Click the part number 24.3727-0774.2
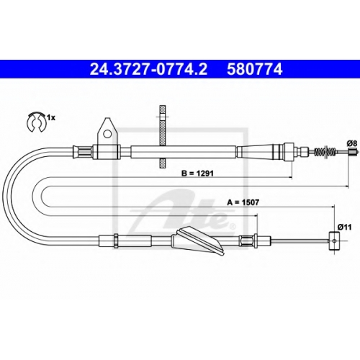click(148, 69)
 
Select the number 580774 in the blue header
click(254, 69)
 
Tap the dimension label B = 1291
click(197, 173)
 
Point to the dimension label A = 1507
click(243, 202)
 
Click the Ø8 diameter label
click(352, 143)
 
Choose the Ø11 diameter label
click(344, 227)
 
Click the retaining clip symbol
click(36, 122)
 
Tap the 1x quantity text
click(51, 117)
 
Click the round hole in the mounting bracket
click(108, 134)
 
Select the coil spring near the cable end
click(325, 151)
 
